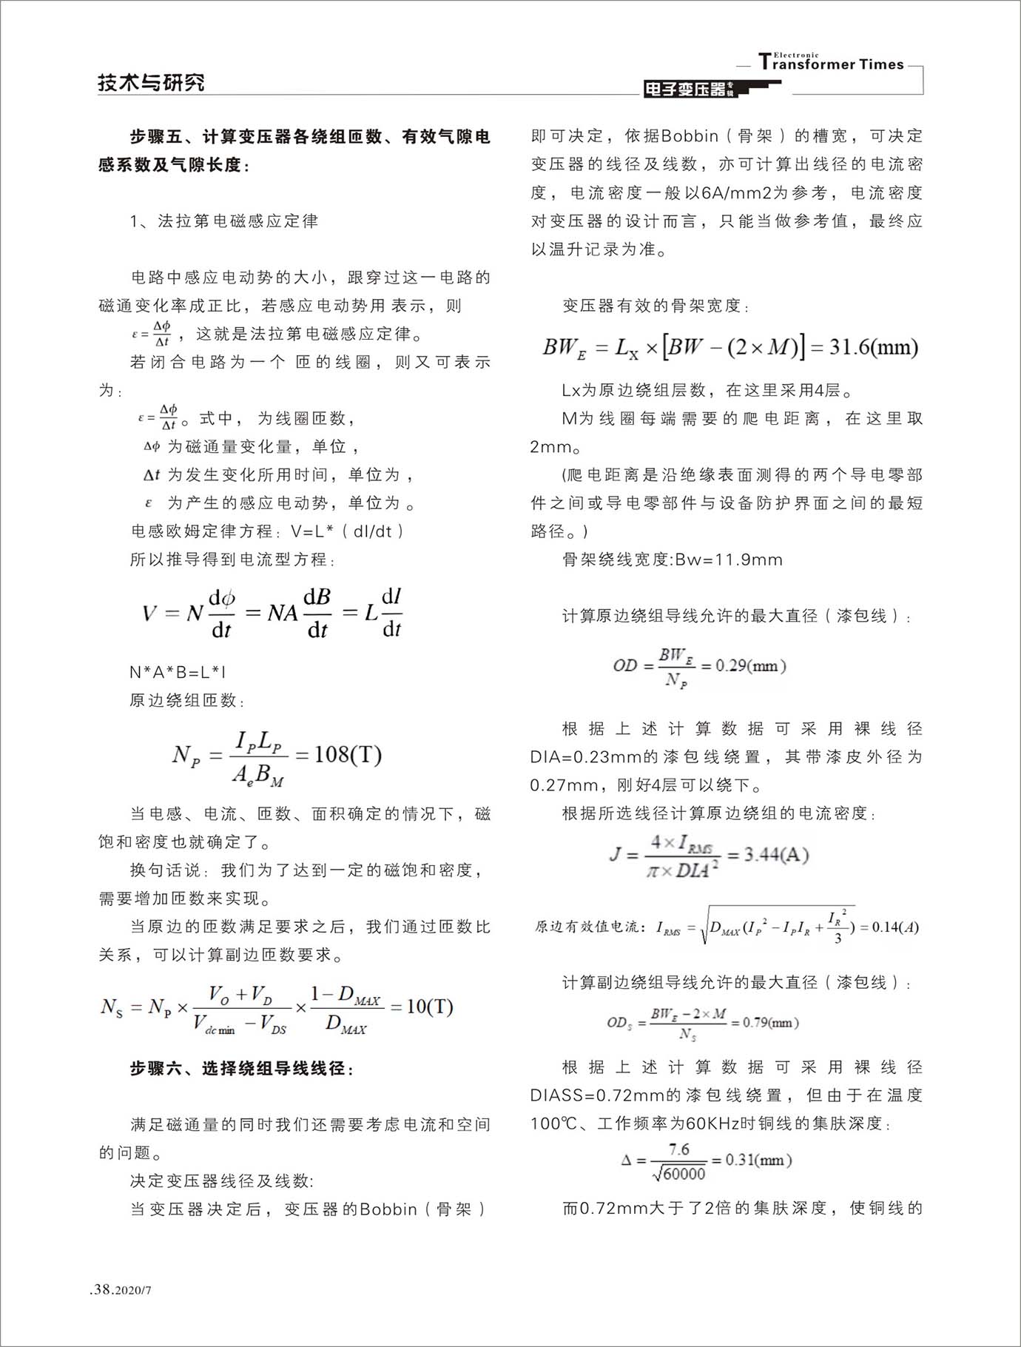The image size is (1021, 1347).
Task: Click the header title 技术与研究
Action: [x=151, y=82]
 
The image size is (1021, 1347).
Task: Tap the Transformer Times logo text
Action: [x=832, y=64]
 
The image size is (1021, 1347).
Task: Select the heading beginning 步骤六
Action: [x=241, y=1068]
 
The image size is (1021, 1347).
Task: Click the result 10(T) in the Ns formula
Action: [x=430, y=1007]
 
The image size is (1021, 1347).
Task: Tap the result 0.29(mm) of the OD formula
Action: [x=750, y=665]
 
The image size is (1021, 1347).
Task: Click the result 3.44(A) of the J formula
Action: [x=776, y=855]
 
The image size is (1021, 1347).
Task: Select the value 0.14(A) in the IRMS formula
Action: [x=895, y=927]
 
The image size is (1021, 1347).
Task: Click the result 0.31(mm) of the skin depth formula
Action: [x=758, y=1160]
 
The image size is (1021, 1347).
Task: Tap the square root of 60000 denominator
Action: [x=679, y=1174]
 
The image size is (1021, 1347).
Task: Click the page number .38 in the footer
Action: [x=101, y=1289]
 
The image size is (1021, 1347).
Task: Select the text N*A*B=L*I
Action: [x=178, y=672]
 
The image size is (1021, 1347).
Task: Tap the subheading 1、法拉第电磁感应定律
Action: [x=223, y=221]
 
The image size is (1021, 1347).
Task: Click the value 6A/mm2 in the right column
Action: [x=736, y=192]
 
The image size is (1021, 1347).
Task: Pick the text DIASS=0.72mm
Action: [x=596, y=1095]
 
